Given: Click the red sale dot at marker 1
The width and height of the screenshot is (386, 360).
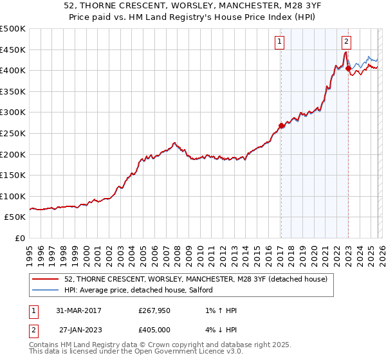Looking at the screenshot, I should [281, 126].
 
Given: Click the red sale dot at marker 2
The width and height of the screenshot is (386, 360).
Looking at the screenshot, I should [348, 68].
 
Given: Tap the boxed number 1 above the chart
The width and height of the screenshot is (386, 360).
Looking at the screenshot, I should [280, 42].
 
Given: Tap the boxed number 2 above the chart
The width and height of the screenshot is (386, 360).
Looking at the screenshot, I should [347, 42].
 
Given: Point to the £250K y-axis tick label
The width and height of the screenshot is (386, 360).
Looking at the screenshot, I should [13, 133].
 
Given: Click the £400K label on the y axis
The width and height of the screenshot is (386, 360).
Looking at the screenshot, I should [13, 70].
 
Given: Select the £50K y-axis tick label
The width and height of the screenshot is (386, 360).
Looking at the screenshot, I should [15, 217].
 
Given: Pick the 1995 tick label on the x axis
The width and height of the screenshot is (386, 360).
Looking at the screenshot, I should [30, 251].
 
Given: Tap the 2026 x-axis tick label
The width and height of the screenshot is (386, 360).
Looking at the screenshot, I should [382, 251].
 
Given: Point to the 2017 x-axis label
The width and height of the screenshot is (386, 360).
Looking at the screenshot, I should [280, 251].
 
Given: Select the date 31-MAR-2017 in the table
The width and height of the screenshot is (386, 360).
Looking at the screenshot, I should [78, 310].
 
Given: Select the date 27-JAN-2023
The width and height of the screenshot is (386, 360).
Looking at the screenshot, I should [80, 329].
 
